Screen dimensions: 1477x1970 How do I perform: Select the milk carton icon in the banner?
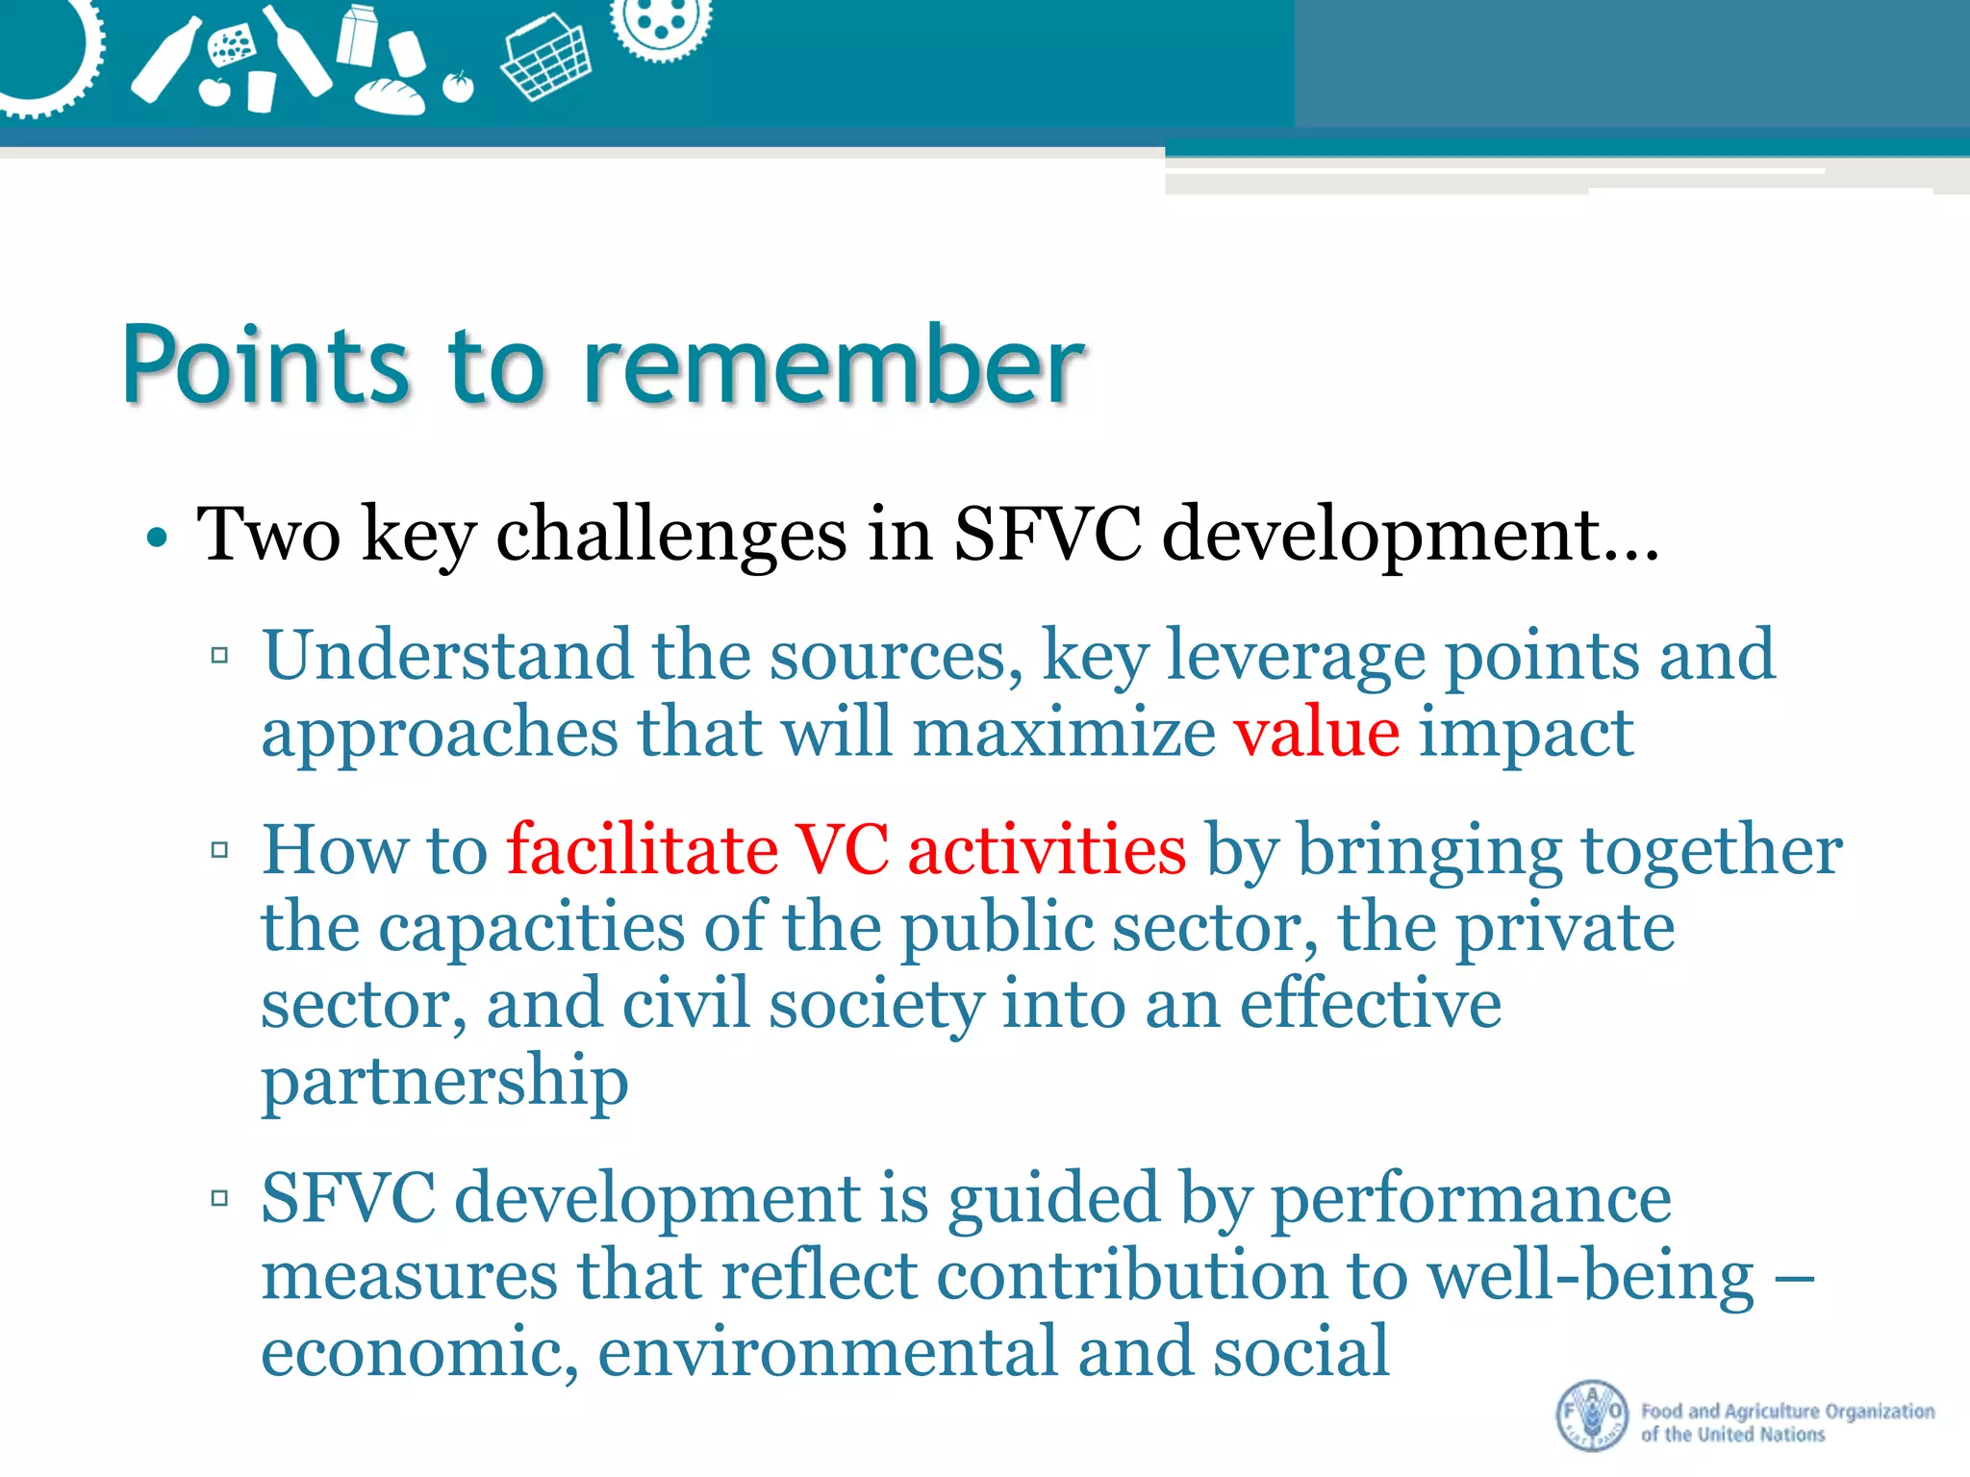click(358, 36)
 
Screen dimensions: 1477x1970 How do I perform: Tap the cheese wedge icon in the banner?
click(232, 46)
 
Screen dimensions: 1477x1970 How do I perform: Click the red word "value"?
click(1317, 733)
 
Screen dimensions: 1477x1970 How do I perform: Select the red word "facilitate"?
click(643, 850)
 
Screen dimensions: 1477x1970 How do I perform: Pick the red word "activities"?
click(1047, 850)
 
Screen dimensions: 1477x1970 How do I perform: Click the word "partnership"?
click(444, 1082)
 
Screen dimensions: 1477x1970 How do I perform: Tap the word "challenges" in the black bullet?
click(670, 535)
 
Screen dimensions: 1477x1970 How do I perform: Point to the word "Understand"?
click(447, 656)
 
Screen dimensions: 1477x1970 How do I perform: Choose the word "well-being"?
click(1590, 1277)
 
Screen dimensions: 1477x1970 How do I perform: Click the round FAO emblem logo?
click(1592, 1415)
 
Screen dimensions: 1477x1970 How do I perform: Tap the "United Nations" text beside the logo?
click(1760, 1435)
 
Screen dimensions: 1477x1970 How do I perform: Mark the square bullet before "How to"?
click(220, 850)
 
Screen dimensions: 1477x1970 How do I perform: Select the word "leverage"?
click(1296, 656)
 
